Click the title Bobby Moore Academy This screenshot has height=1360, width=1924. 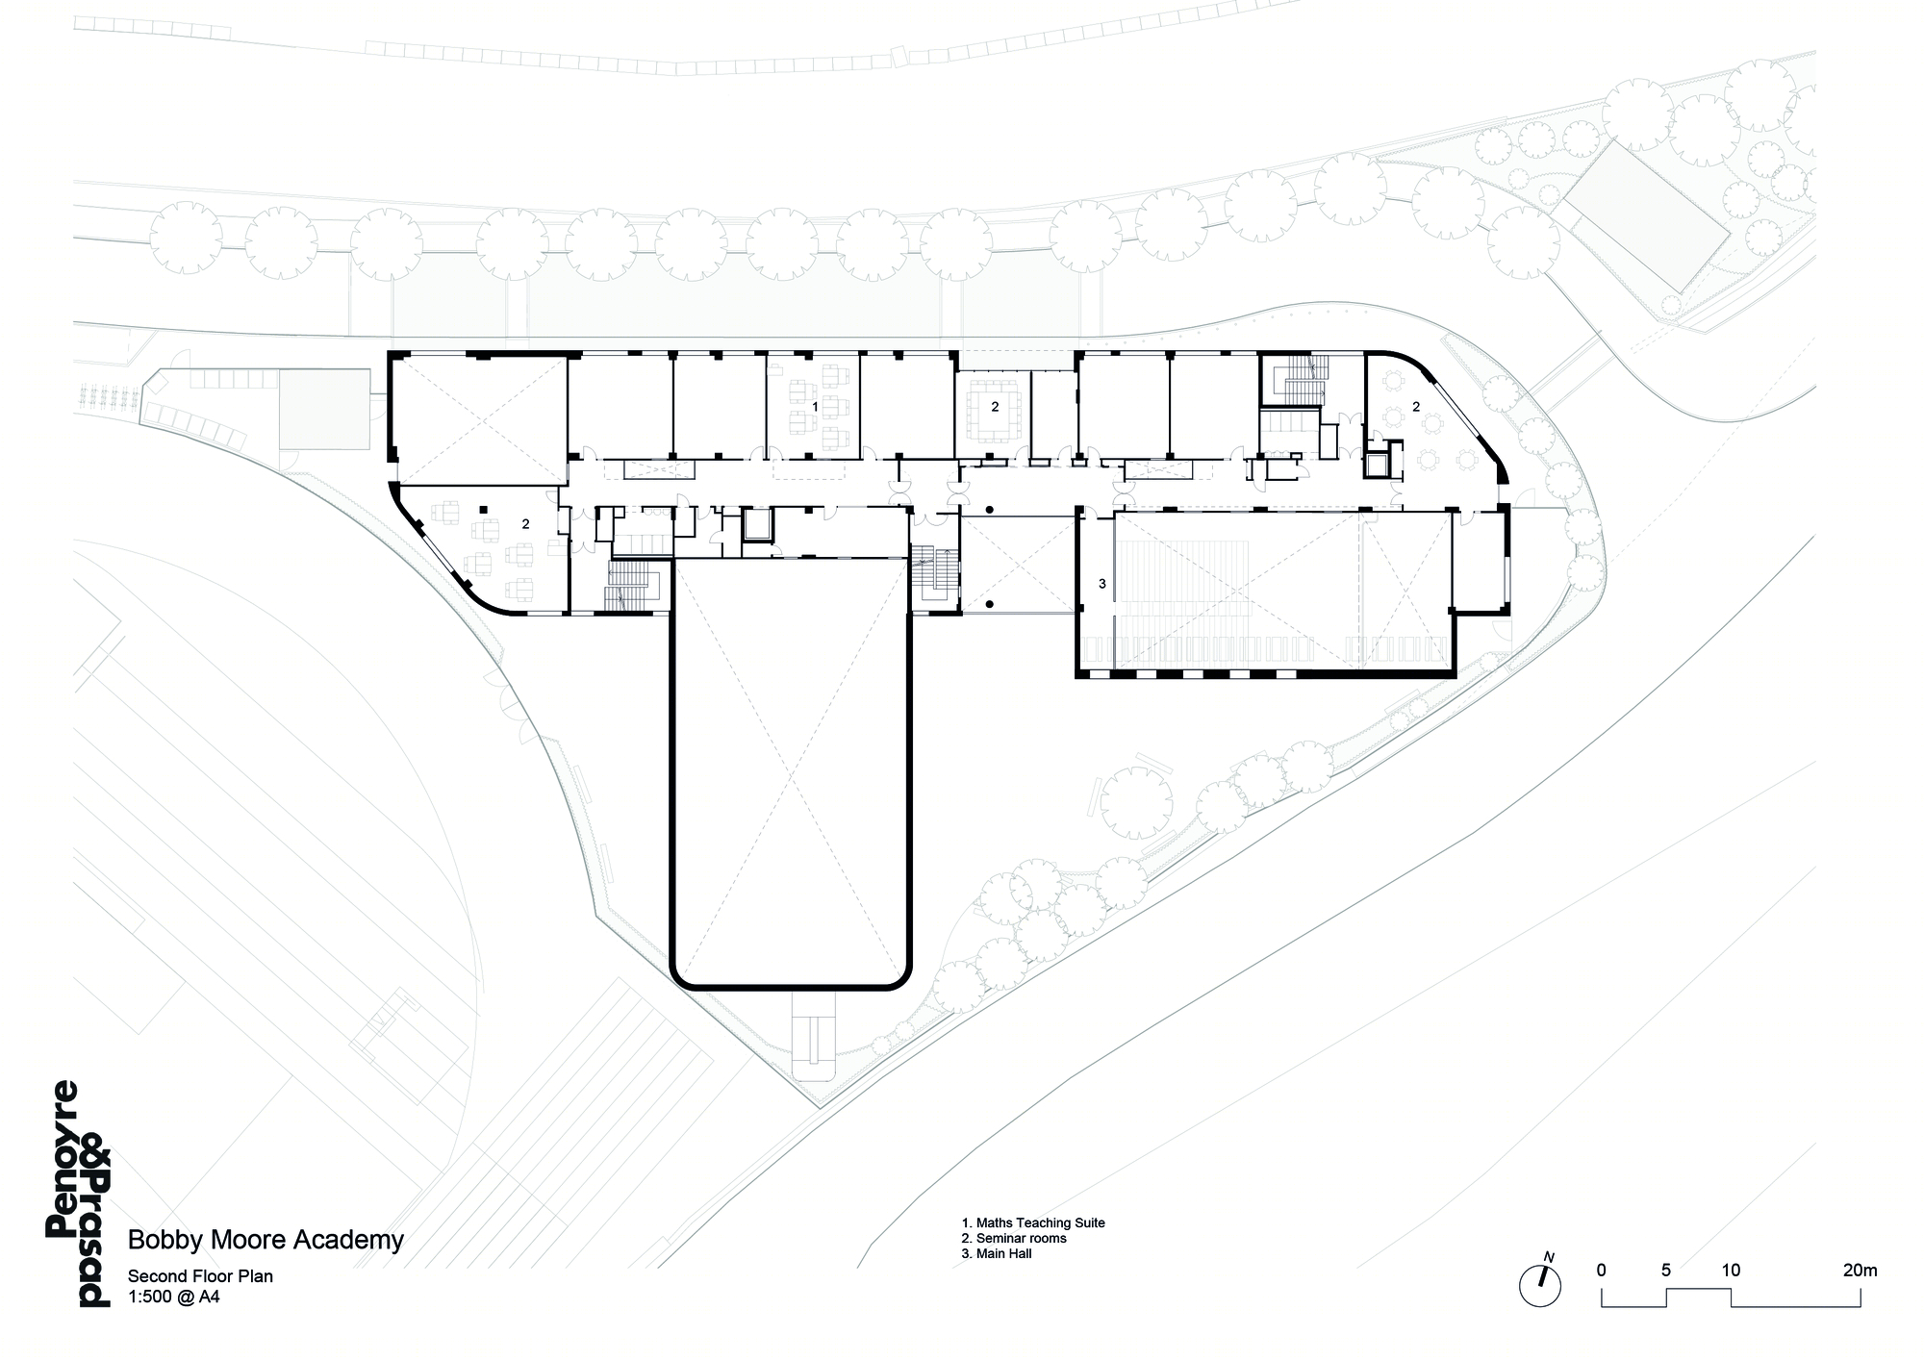pyautogui.click(x=266, y=1240)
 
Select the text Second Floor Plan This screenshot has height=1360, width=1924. pyautogui.click(x=201, y=1276)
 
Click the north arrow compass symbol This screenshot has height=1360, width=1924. pyautogui.click(x=1540, y=1284)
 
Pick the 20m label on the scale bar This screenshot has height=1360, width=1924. pyautogui.click(x=1860, y=1271)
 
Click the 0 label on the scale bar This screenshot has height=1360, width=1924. pyautogui.click(x=1601, y=1271)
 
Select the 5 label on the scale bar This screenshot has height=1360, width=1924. pyautogui.click(x=1666, y=1271)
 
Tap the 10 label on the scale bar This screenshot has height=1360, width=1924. pyautogui.click(x=1731, y=1271)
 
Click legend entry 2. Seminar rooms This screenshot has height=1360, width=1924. pyautogui.click(x=1014, y=1239)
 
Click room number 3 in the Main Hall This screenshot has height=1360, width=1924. pyautogui.click(x=1102, y=584)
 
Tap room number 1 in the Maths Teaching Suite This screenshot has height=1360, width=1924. pyautogui.click(x=816, y=407)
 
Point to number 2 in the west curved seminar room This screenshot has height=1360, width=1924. pyautogui.click(x=525, y=524)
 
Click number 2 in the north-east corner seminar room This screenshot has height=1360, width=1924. pyautogui.click(x=1416, y=407)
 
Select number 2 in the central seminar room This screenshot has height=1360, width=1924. pyautogui.click(x=995, y=407)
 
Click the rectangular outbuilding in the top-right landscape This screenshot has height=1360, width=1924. pyautogui.click(x=1634, y=219)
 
